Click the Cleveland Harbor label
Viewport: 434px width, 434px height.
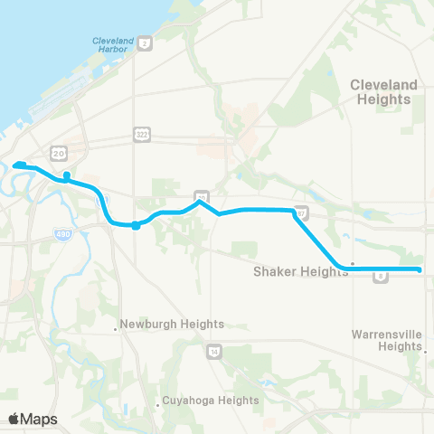click(x=113, y=45)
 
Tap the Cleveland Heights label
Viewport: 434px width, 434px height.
click(x=384, y=91)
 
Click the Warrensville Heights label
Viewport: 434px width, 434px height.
click(x=386, y=340)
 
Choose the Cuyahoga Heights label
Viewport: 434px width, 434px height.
click(x=212, y=401)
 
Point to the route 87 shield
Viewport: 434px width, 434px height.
click(x=302, y=214)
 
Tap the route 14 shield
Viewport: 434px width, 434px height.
click(x=214, y=352)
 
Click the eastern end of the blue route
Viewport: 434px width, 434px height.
click(x=420, y=269)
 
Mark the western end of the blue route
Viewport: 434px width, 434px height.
click(x=15, y=165)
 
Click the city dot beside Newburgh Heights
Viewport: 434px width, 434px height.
click(x=117, y=329)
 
